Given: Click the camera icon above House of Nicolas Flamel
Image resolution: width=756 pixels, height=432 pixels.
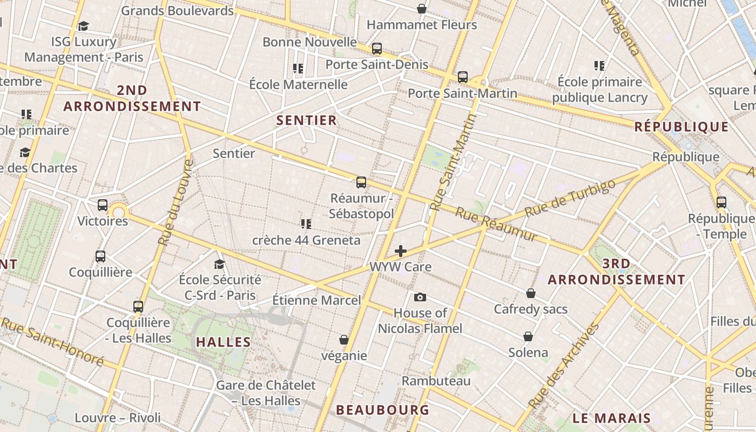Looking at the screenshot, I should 420,298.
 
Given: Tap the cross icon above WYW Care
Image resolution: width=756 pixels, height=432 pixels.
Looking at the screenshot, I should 401,251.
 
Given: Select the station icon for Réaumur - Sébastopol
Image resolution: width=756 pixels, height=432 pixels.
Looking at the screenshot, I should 361,183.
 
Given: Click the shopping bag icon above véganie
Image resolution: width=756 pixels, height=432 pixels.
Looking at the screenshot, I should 343,340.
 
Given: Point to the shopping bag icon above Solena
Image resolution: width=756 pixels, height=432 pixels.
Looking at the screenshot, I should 528,336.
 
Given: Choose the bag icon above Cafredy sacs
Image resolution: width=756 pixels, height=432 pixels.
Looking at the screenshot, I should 531,293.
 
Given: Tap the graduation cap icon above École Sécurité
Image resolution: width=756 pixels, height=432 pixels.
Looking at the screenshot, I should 219,264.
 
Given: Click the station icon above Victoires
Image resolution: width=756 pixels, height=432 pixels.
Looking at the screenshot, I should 103,205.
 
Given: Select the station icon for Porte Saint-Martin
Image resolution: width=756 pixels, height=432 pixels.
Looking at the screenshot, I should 462,77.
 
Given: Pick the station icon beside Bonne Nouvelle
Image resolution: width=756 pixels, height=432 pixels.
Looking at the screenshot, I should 377,49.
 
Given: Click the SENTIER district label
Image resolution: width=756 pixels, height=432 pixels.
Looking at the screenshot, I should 307,120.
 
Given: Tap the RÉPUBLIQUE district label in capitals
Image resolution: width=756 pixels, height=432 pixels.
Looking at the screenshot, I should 681,127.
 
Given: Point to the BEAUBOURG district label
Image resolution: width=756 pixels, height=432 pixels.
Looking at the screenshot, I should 382,410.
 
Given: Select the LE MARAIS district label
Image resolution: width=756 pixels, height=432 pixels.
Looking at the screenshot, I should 611,418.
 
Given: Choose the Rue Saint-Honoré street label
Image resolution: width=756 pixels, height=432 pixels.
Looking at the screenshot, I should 52,341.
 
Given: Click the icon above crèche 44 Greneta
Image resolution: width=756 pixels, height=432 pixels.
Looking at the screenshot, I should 306,224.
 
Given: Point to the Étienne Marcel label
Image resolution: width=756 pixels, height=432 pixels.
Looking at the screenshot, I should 316,300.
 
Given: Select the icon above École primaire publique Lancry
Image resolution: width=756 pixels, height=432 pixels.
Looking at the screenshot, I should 599,66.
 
